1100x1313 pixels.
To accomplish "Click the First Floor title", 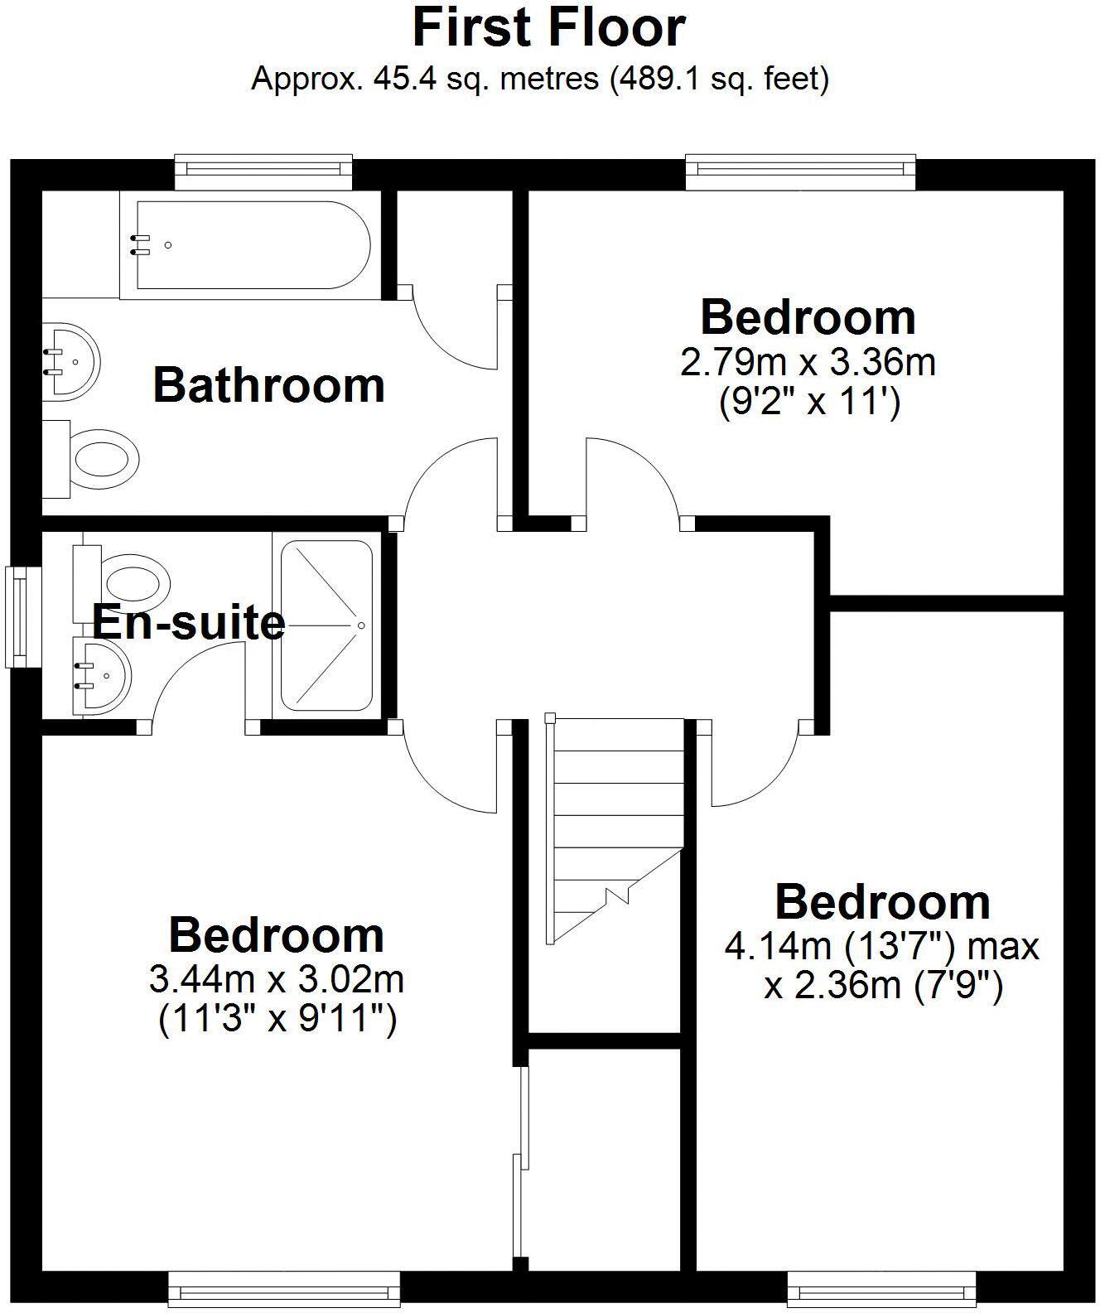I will click(x=548, y=27).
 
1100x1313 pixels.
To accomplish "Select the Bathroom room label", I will click(x=268, y=386).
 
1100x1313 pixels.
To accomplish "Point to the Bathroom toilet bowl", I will click(x=103, y=458).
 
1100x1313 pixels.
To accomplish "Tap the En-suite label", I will click(x=189, y=623).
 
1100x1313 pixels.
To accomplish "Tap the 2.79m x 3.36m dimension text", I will click(x=808, y=362).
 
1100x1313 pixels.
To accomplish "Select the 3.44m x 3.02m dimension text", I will click(x=276, y=980).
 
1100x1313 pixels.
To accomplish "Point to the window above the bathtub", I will click(x=263, y=169).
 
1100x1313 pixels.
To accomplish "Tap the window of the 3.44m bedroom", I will click(x=283, y=1290).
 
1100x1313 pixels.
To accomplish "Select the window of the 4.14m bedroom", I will click(x=881, y=1290).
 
